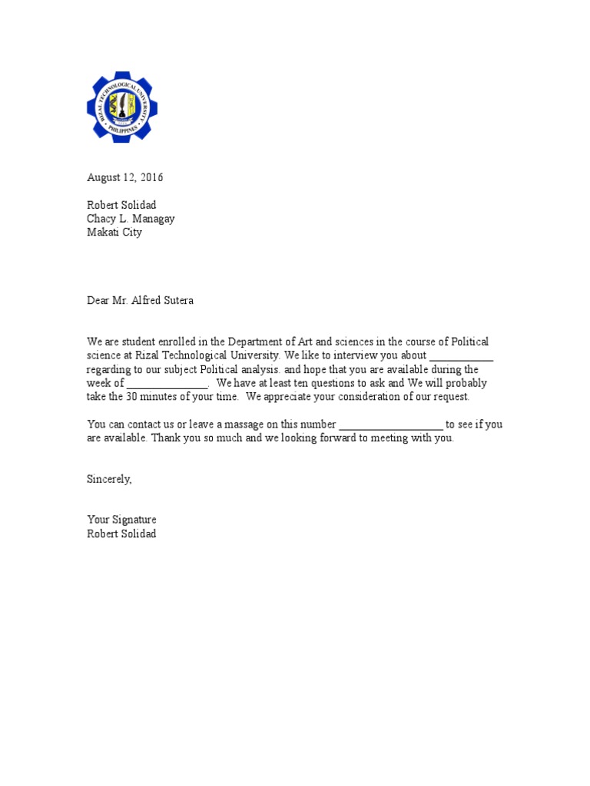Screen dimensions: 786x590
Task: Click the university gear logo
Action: (122, 107)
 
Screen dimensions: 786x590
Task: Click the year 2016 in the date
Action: (151, 177)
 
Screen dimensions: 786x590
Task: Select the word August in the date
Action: (104, 177)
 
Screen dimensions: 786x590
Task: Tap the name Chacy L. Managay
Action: (131, 219)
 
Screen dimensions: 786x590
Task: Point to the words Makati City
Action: (114, 233)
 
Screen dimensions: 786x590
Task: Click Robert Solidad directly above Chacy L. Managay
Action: (121, 205)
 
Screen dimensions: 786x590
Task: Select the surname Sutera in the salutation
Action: (176, 300)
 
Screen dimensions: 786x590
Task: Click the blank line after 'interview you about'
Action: (461, 356)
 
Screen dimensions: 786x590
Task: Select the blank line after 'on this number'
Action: (390, 424)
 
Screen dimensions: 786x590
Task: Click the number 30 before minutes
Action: (133, 397)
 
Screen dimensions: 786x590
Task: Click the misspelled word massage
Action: (240, 424)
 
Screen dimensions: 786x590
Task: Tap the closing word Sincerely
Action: (109, 479)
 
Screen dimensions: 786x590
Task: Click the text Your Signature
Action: (121, 520)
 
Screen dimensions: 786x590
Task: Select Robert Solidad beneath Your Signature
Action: (121, 533)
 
